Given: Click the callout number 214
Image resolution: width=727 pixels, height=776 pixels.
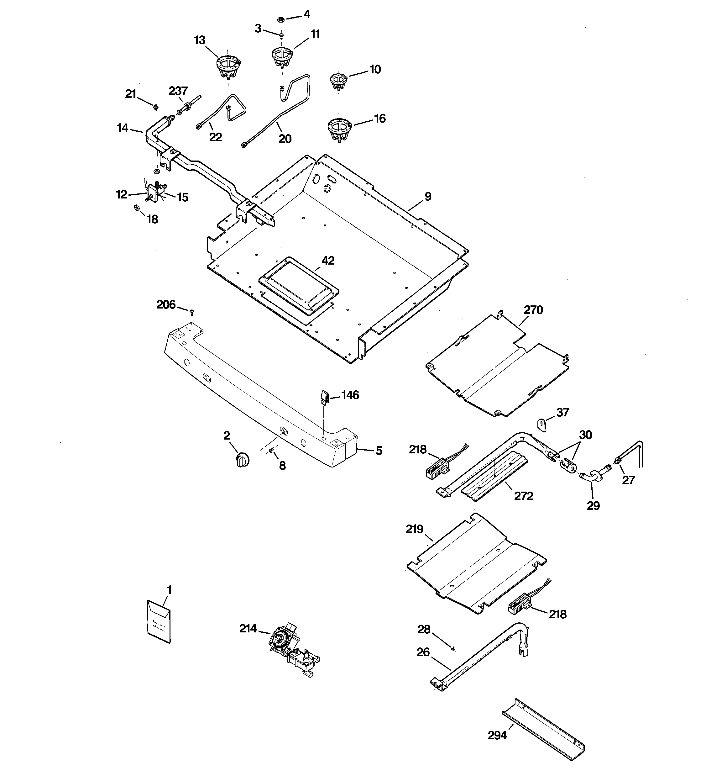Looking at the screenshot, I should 248,628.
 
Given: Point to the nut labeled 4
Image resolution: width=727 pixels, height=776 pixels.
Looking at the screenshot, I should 280,19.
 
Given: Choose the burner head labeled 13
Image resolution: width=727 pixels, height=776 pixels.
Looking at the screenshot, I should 228,66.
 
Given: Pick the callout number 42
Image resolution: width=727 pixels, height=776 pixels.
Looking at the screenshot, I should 328,260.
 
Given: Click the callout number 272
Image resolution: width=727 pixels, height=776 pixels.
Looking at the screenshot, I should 523,496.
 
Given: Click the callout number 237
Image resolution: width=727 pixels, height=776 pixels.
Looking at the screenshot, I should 178,91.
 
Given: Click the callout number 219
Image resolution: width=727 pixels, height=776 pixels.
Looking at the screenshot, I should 415,529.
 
